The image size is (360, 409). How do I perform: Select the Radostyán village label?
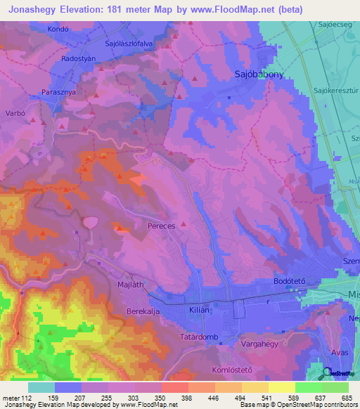pos(79,60)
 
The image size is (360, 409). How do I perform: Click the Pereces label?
pos(161,228)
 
